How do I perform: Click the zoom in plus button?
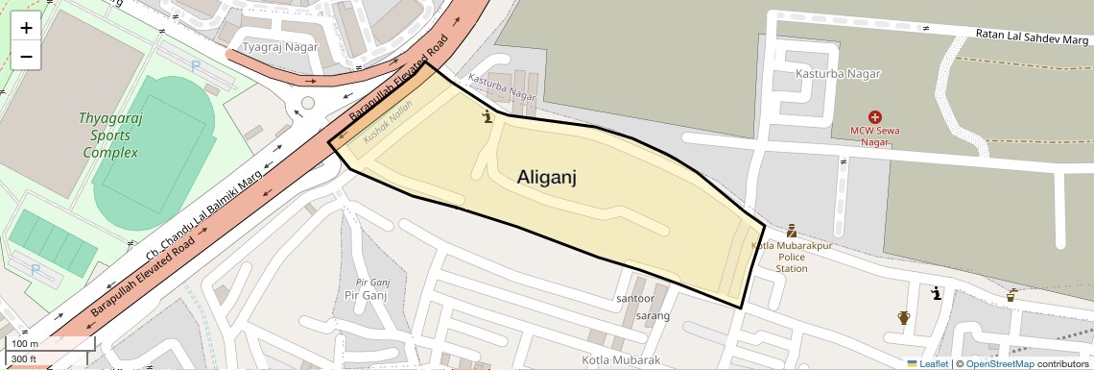click(26, 28)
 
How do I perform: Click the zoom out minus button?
click(26, 57)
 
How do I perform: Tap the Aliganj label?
click(546, 177)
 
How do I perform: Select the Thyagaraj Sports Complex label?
click(110, 136)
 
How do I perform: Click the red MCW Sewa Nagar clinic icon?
click(874, 115)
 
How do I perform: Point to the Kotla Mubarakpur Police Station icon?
click(792, 231)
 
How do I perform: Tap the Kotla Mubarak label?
click(621, 360)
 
